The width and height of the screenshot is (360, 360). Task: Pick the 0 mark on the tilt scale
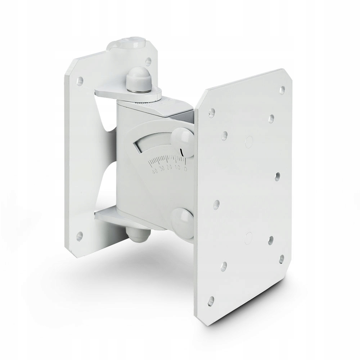185,167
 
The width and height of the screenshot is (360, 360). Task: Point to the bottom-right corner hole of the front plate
282,258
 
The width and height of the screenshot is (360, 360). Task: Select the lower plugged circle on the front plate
248,236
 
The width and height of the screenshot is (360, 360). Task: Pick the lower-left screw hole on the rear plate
80,236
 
